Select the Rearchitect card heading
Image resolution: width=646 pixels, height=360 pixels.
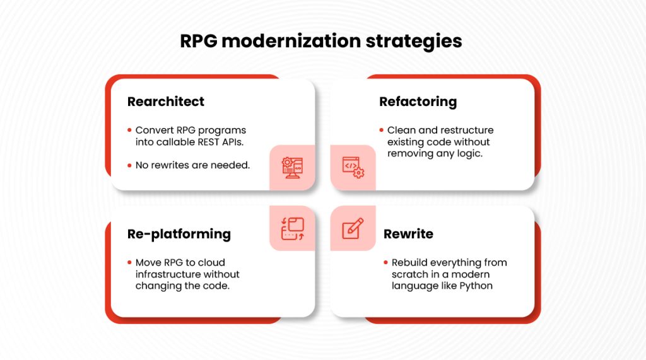[166, 102]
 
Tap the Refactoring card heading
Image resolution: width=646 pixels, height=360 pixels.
[418, 102]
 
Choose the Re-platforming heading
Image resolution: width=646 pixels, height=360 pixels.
[179, 234]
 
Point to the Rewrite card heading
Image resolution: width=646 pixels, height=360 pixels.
[408, 234]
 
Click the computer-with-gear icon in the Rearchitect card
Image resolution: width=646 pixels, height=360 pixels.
[292, 168]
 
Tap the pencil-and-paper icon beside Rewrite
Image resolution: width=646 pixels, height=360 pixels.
[353, 228]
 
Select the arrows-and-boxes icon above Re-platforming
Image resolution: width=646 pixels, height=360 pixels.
[292, 228]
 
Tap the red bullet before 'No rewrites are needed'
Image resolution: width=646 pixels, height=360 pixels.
[129, 165]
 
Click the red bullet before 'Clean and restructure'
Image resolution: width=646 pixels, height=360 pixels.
[381, 131]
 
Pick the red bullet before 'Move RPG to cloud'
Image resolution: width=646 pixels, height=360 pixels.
[129, 262]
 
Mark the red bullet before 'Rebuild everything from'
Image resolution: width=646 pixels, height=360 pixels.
[385, 262]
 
